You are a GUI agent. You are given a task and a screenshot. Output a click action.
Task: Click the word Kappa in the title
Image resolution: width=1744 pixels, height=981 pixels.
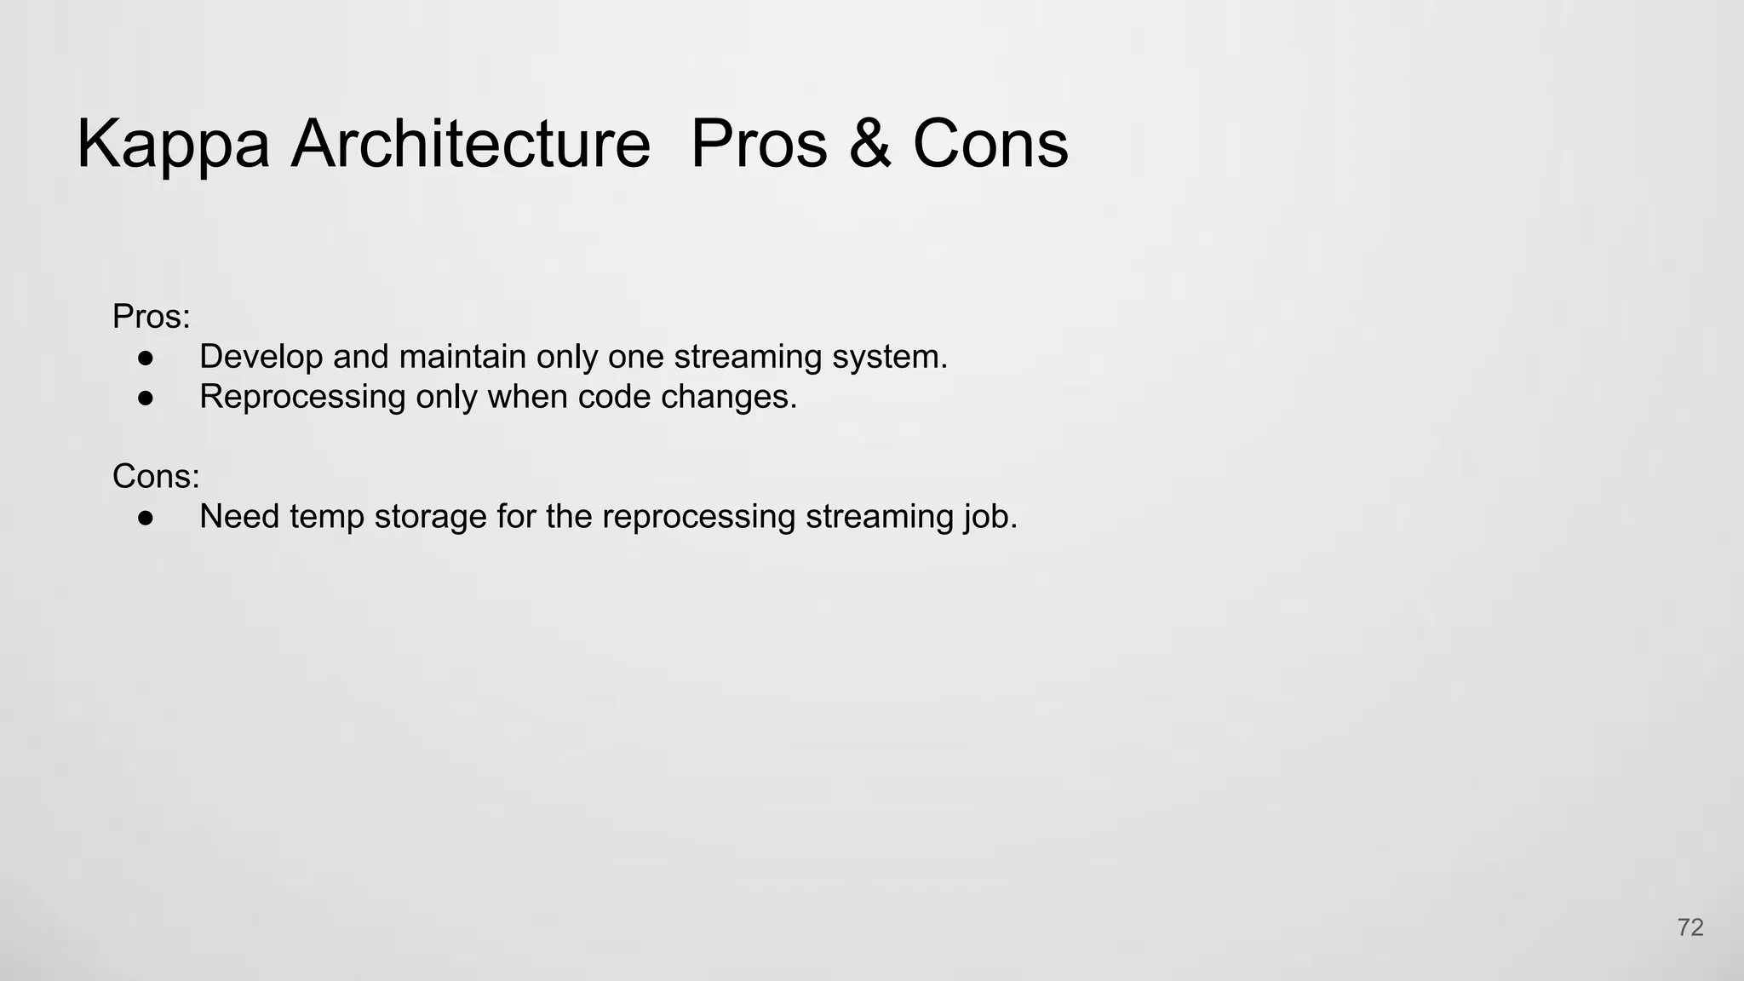click(173, 145)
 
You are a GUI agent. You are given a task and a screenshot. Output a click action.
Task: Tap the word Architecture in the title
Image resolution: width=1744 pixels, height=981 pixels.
click(471, 143)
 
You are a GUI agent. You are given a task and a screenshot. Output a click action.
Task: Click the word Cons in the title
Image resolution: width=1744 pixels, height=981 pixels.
click(990, 143)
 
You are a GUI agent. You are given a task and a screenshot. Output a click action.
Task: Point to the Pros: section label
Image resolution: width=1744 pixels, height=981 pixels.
click(152, 317)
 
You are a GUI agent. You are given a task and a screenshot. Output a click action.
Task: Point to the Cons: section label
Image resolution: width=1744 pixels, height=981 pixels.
click(156, 476)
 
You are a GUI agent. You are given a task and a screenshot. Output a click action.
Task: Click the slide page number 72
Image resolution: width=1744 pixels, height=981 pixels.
click(1690, 927)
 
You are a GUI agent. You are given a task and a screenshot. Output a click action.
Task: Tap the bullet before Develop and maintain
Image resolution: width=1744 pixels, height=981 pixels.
click(146, 358)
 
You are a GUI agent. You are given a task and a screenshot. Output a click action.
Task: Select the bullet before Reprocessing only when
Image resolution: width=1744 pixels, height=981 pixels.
click(146, 398)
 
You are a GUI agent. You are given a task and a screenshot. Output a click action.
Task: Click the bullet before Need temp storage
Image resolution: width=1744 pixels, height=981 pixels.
click(146, 517)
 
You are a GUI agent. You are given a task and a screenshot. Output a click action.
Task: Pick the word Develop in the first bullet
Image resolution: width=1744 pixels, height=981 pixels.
click(261, 357)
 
